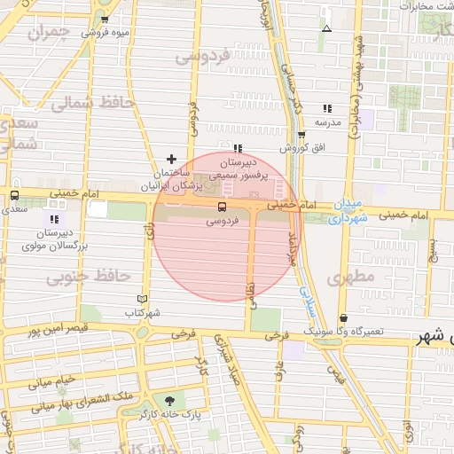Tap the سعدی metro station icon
(x=14, y=196)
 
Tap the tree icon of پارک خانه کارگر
(x=169, y=400)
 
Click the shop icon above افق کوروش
(x=301, y=136)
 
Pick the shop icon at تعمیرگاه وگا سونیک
(x=344, y=317)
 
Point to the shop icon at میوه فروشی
(x=106, y=20)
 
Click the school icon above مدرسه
(x=328, y=108)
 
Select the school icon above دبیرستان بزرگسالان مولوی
(x=55, y=219)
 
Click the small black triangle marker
(x=326, y=28)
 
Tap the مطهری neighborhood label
(x=352, y=278)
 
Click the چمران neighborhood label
(x=49, y=35)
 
